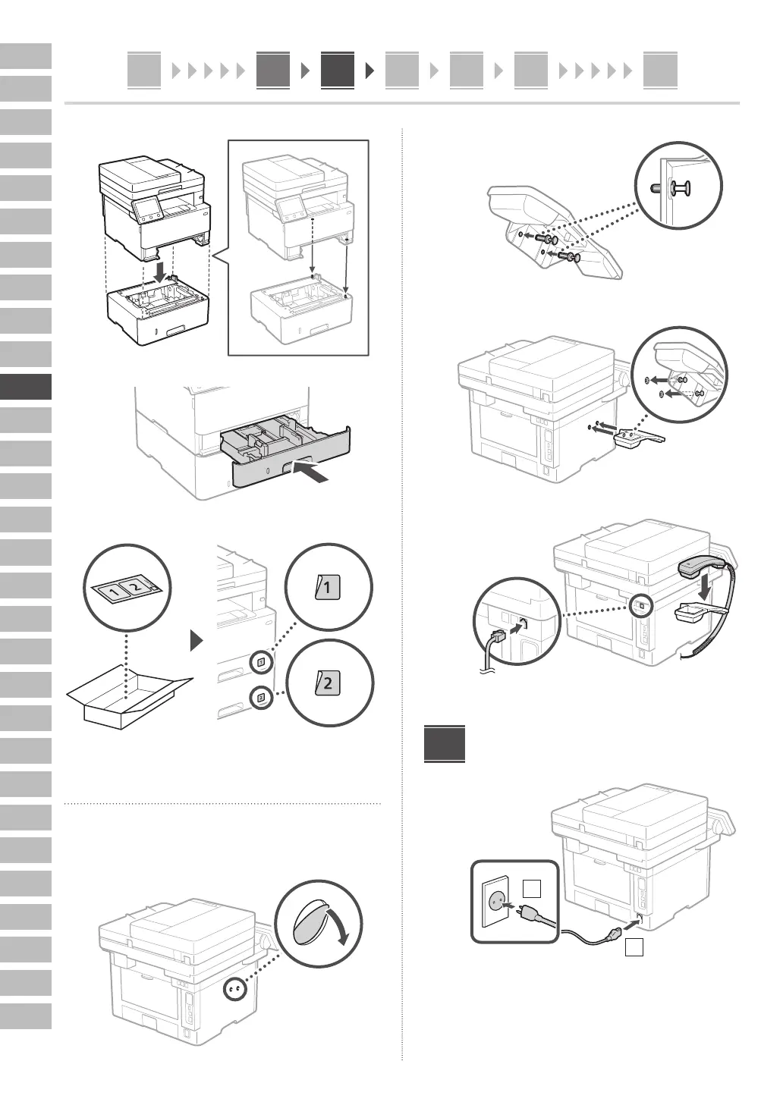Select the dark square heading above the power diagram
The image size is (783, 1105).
pos(445,745)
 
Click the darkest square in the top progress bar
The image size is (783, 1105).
pos(337,71)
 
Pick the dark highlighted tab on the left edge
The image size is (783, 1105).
pos(26,387)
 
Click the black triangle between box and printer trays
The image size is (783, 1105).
pos(198,642)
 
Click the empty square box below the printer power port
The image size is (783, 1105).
pos(634,947)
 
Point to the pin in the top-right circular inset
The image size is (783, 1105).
pos(681,187)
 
